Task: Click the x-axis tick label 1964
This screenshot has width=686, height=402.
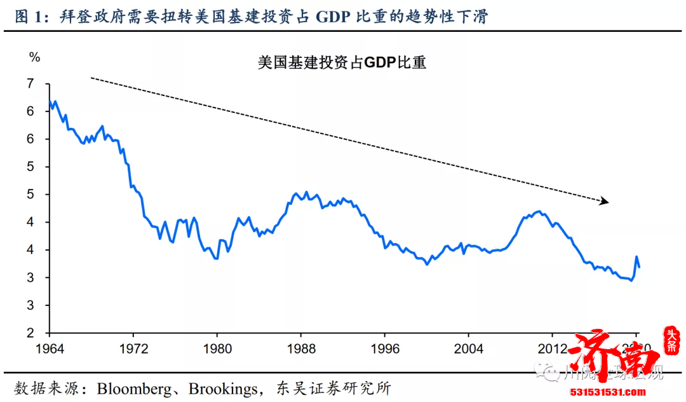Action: [49, 349]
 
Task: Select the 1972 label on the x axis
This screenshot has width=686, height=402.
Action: [133, 349]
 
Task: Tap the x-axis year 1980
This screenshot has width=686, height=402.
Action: [217, 349]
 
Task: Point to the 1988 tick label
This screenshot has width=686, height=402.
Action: [300, 349]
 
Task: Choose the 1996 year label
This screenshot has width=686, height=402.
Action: [384, 349]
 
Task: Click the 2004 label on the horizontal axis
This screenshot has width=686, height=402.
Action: [468, 349]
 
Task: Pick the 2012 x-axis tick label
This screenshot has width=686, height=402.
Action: [552, 349]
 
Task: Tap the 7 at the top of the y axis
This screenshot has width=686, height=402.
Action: [30, 84]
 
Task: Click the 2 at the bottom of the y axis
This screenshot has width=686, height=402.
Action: [30, 333]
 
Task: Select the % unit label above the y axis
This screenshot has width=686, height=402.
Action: [34, 58]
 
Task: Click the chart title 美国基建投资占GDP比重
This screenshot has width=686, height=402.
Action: [342, 63]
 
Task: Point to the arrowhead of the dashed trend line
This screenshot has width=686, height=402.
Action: [605, 202]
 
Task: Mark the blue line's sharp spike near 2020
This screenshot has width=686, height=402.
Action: [636, 257]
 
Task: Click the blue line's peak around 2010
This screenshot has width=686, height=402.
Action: [539, 211]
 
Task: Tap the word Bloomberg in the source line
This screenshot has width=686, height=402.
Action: [134, 387]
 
